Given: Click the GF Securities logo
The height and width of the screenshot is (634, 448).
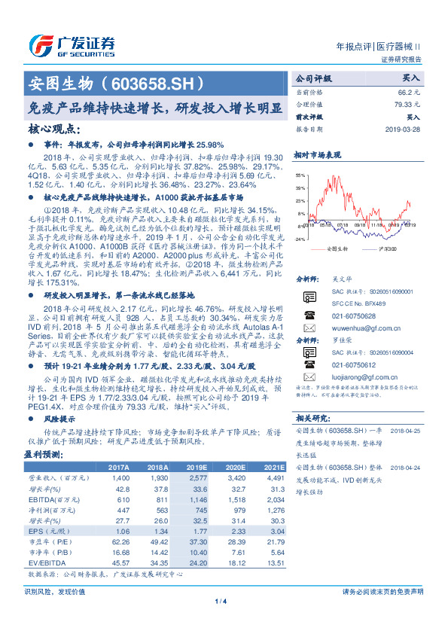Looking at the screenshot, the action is pos(72,46).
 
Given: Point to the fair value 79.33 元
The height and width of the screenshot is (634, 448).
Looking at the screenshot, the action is pos(407,105).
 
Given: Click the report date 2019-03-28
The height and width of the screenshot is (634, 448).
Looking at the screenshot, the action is pos(403,128).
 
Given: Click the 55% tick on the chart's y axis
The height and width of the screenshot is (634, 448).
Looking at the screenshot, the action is pos(301,174).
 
